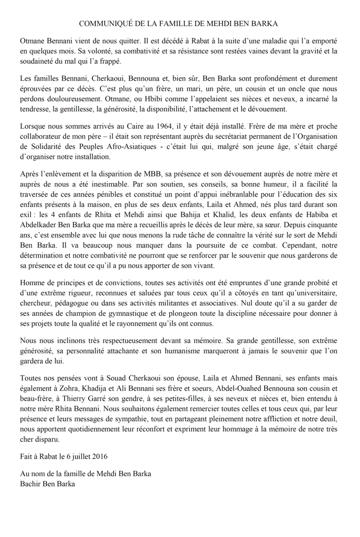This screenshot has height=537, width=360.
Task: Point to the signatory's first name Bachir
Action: [x=31, y=484]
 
